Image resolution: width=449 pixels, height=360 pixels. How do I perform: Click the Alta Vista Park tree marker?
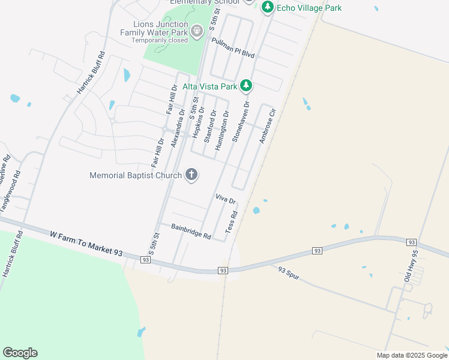coord(246,86)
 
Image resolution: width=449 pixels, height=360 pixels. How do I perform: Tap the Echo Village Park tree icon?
coord(267,8)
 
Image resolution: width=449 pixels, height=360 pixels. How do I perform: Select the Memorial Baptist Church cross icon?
coord(191,175)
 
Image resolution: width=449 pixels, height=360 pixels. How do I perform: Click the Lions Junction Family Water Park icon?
coord(196,31)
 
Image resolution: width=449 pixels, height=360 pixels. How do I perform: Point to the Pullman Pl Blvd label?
coord(234,47)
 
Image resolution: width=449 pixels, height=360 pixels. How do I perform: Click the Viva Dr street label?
coord(225,199)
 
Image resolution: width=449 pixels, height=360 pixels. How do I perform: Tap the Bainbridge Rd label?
coord(191,232)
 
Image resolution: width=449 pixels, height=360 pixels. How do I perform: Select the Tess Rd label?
coord(232,222)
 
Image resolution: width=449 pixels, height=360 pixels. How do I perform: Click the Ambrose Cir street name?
coord(267,125)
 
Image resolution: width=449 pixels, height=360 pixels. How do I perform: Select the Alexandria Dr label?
coord(178,131)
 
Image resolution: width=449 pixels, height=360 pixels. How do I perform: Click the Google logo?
coord(20,353)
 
